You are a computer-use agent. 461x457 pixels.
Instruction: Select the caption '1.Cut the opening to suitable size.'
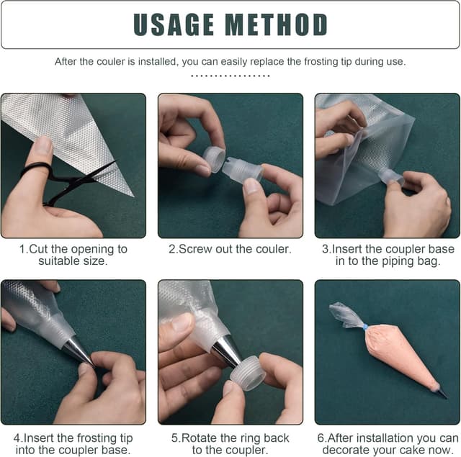(x=73, y=255)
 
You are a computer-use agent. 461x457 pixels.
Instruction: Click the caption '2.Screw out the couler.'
(x=230, y=249)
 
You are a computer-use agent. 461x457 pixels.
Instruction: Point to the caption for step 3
(x=388, y=255)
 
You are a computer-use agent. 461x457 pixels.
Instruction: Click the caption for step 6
(x=388, y=443)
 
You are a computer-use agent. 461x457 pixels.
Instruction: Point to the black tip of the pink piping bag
(x=441, y=393)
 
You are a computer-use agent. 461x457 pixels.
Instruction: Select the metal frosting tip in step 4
(x=79, y=350)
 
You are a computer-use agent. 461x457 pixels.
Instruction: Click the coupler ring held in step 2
(x=214, y=159)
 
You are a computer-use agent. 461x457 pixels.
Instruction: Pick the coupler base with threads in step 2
(x=242, y=171)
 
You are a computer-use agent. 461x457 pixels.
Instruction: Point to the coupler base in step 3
(x=390, y=176)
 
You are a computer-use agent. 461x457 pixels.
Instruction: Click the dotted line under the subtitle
(x=230, y=75)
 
